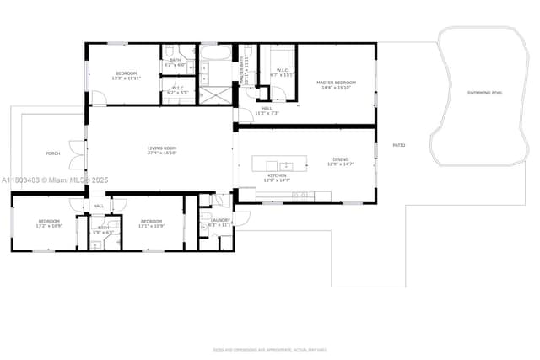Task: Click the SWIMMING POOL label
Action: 485,93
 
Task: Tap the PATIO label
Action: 399,145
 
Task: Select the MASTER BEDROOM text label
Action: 336,83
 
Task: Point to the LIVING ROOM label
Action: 161,149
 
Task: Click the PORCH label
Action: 52,153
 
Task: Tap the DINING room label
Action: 340,159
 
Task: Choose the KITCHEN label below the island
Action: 277,175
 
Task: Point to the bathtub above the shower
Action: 215,54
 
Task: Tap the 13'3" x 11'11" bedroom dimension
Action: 127,78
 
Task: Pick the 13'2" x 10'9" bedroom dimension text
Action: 49,226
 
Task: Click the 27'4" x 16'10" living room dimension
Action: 161,154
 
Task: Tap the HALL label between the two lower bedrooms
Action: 99,206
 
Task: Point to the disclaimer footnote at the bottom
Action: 269,348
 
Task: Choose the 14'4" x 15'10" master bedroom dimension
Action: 336,88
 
